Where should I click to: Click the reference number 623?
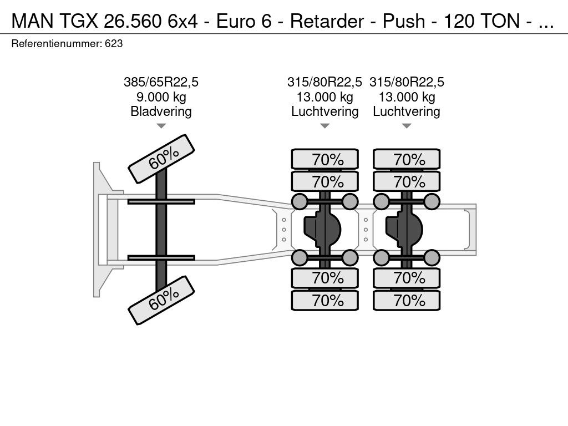(114, 44)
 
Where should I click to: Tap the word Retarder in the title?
(327, 21)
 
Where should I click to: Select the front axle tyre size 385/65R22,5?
(161, 82)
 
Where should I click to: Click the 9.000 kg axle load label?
(161, 97)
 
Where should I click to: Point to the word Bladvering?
(161, 111)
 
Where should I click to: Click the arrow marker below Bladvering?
(161, 126)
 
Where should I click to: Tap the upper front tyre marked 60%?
(161, 159)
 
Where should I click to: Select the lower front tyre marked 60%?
(161, 300)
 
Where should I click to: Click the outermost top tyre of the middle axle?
(325, 159)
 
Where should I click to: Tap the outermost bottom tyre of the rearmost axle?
(407, 300)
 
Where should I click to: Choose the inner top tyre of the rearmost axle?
(407, 181)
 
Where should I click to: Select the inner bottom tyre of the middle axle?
(325, 278)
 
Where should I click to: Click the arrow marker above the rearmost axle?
(407, 126)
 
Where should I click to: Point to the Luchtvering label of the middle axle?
(325, 111)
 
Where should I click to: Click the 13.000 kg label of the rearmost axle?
(407, 97)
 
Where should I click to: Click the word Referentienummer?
(57, 44)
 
